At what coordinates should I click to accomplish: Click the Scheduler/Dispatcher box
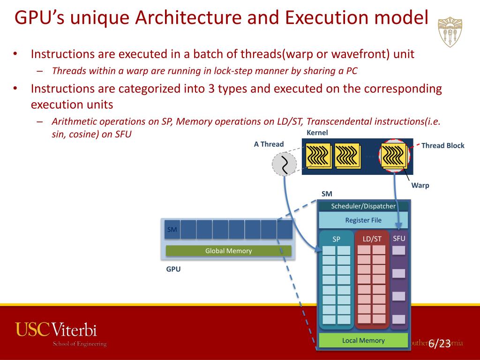[363, 206]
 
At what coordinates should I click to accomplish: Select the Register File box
[363, 220]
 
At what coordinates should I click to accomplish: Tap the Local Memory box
[363, 341]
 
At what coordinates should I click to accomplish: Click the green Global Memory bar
[228, 251]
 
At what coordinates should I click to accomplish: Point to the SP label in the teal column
[337, 239]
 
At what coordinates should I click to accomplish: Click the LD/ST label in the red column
[372, 239]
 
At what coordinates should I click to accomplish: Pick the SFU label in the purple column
[399, 239]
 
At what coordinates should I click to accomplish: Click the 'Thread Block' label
[442, 145]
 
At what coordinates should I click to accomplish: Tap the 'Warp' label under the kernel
[420, 185]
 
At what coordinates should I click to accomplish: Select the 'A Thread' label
[269, 144]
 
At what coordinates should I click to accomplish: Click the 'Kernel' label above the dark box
[317, 133]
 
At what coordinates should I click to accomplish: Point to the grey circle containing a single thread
[284, 164]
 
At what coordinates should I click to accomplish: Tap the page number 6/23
[439, 344]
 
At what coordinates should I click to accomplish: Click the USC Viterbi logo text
[56, 330]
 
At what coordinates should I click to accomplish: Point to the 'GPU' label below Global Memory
[173, 270]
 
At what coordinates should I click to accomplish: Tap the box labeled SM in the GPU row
[172, 230]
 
